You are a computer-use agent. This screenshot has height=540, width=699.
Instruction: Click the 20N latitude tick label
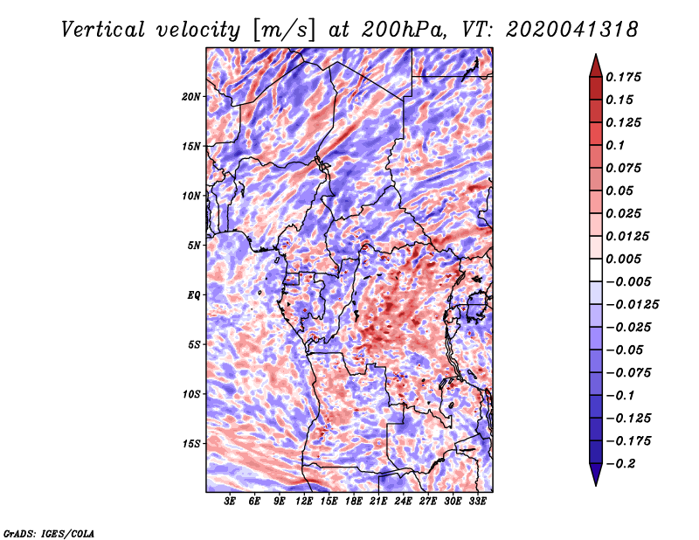190,96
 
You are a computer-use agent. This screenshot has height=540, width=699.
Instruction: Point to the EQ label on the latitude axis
194,294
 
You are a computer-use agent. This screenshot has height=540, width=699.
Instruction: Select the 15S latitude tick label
191,444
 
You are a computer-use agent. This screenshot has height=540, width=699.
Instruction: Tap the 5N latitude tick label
194,246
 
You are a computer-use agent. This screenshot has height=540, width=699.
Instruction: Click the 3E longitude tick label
230,501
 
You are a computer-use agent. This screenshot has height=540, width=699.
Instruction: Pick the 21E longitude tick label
378,501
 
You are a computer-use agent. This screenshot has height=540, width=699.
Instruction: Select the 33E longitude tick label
477,501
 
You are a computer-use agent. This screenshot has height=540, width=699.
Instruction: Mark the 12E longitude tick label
303,501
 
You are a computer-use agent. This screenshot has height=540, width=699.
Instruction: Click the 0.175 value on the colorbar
623,77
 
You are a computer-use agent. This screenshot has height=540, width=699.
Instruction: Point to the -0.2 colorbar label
620,464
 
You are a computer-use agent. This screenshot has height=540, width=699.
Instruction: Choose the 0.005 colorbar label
623,259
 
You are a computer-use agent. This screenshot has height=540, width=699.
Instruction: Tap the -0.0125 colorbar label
632,305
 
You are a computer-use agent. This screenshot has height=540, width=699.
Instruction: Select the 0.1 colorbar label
615,145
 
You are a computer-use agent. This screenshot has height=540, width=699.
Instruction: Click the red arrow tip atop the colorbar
596,54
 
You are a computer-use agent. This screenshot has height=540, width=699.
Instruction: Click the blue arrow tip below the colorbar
596,485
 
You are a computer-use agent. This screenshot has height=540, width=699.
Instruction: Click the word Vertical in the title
103,30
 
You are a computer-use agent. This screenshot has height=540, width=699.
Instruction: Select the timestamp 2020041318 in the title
572,30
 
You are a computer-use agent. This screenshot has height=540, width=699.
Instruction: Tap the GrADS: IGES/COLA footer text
49,533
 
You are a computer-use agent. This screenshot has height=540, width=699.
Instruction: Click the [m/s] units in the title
284,31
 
